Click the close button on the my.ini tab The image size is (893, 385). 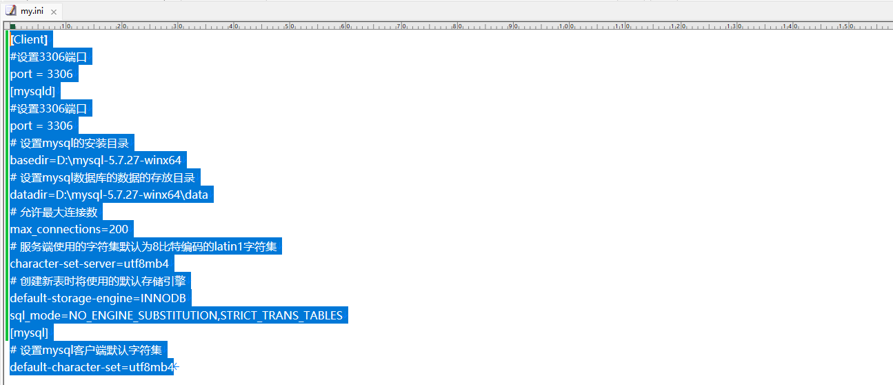point(54,12)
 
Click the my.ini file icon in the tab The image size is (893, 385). point(11,11)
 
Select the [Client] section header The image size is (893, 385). point(29,39)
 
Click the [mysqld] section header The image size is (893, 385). point(32,91)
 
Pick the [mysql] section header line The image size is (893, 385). point(30,333)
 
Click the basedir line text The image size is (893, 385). point(96,160)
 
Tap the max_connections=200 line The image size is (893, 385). point(69,229)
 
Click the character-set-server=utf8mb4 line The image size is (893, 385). point(89,264)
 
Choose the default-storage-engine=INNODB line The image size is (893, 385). point(97,298)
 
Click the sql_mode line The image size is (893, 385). point(176,315)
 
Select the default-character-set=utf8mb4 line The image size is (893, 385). point(92,367)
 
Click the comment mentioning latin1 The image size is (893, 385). point(146,246)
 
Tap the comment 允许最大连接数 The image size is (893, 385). point(55,212)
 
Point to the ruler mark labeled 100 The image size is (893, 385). point(565,26)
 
